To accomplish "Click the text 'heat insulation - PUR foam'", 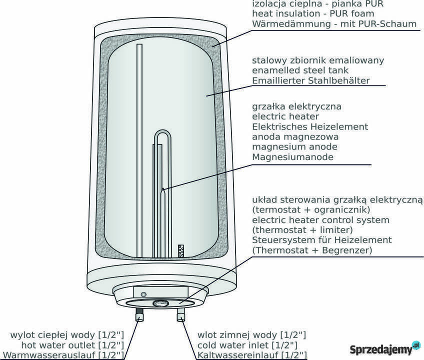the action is click(313, 13).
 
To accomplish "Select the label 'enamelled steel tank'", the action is click(300, 70).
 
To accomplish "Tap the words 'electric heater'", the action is click(285, 116).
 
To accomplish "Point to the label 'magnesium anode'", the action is click(294, 147).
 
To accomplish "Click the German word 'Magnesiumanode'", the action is click(293, 157).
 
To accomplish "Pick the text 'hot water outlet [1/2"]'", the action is click(72, 345).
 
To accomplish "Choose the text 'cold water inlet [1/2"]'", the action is click(247, 345).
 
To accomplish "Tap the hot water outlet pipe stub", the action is click(139, 315).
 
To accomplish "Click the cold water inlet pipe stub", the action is click(180, 315).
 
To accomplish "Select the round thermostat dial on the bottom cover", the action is click(161, 303).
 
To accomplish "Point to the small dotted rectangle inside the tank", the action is click(181, 250).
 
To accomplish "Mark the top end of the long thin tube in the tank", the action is click(139, 44).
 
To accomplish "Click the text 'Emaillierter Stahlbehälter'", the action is click(310, 80).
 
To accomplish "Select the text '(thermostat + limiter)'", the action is click(302, 230).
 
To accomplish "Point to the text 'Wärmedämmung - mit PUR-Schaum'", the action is click(334, 24).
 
